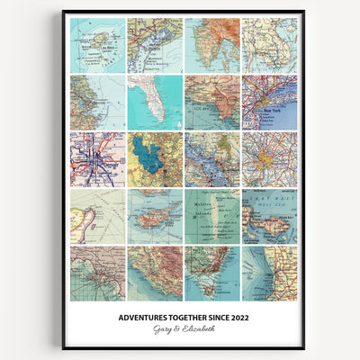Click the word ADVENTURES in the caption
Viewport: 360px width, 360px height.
point(145,316)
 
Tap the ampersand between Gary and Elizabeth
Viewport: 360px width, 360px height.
point(180,328)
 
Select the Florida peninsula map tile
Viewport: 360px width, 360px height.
point(155,102)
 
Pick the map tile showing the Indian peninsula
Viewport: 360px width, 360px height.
point(212,45)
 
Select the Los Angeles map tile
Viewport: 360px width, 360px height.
point(212,102)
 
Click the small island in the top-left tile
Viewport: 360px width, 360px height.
point(94,41)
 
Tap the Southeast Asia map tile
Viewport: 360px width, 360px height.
point(270,45)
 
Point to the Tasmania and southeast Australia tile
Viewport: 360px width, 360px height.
point(212,274)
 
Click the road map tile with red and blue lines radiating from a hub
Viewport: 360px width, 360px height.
point(97,159)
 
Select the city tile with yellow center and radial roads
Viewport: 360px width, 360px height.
point(270,159)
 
